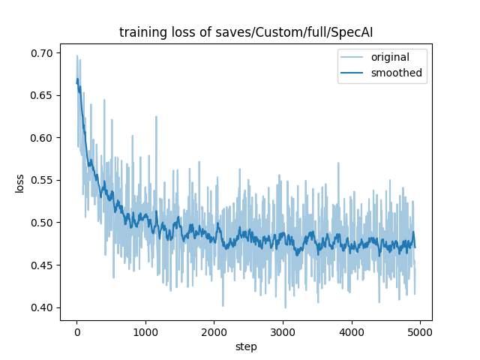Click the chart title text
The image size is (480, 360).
click(x=246, y=32)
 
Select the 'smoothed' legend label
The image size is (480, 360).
click(x=397, y=73)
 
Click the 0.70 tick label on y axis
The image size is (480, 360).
click(x=43, y=53)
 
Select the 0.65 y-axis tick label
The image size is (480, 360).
click(x=43, y=95)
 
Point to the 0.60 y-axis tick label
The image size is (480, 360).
click(x=43, y=138)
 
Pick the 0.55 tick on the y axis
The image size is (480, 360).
click(x=43, y=180)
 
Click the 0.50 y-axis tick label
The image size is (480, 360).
click(x=43, y=223)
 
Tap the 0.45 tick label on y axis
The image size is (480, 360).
click(x=43, y=265)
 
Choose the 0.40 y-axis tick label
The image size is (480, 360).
click(x=43, y=307)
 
